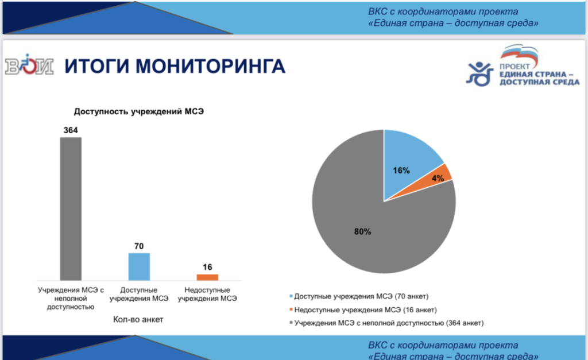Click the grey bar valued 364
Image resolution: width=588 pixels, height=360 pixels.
point(71,208)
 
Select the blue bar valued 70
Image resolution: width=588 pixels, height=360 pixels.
point(139,266)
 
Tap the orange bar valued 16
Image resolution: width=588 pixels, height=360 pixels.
point(207,277)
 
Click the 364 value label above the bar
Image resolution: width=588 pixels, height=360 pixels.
point(71,130)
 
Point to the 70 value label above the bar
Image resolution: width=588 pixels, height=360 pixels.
point(139,246)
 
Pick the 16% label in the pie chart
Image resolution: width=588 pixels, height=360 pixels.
point(401,171)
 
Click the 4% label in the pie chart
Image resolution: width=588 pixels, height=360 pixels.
point(438,178)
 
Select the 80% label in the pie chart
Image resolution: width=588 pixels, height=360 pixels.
point(363,232)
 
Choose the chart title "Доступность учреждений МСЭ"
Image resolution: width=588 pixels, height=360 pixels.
point(139,111)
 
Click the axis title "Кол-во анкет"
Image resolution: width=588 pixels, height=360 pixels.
point(138,319)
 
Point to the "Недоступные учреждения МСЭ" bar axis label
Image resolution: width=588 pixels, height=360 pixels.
point(207,295)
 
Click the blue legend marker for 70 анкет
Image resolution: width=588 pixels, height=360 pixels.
point(291,296)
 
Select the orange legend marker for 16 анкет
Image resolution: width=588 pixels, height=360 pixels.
point(291,309)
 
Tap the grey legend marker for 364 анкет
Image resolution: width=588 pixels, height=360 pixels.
point(291,323)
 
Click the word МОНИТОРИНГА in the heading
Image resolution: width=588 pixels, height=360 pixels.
point(210,66)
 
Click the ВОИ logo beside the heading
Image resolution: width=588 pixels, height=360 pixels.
point(29,65)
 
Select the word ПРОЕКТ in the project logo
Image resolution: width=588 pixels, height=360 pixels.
point(514,67)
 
